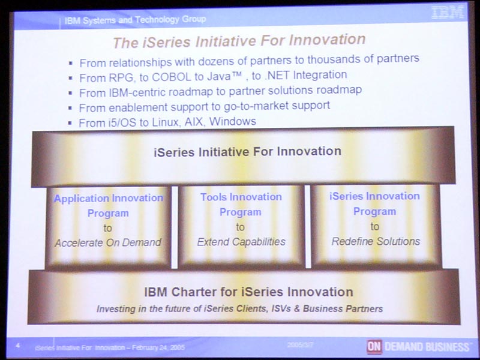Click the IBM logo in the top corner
(x=448, y=12)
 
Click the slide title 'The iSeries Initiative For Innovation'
(x=239, y=41)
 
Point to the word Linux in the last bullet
(x=166, y=122)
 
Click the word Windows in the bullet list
(x=233, y=121)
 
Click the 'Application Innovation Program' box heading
(x=109, y=205)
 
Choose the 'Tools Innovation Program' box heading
(x=241, y=204)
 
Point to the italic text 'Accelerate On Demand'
(x=108, y=242)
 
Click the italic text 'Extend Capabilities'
(x=241, y=242)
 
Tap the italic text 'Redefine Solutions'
(x=376, y=241)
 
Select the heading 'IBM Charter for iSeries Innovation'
(x=248, y=292)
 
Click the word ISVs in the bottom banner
(x=281, y=308)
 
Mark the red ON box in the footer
(x=374, y=347)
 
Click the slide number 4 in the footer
(x=18, y=346)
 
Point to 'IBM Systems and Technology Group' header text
(x=135, y=20)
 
